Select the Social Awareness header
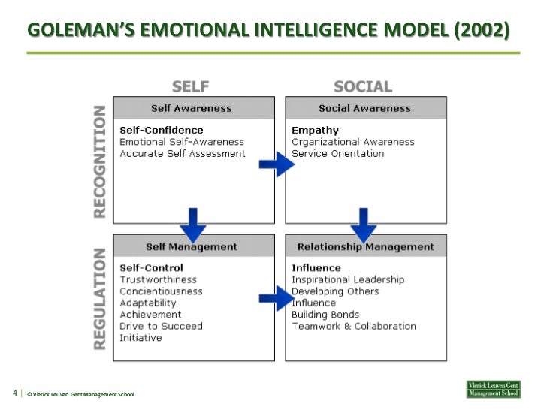tap(365, 108)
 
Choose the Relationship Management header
tap(365, 246)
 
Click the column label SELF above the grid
tap(190, 86)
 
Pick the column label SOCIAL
tap(363, 86)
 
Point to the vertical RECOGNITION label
tap(100, 161)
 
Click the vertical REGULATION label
tap(100, 299)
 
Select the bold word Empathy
tap(315, 131)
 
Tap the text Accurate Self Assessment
tap(183, 154)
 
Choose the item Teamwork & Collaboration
tap(353, 327)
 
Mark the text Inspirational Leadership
tap(347, 280)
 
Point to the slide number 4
tap(15, 393)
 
